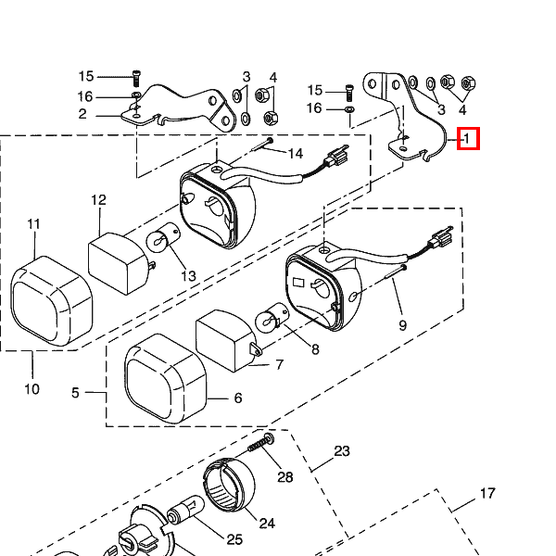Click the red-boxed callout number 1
click(x=469, y=140)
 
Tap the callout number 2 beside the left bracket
click(x=82, y=114)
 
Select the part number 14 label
click(x=295, y=153)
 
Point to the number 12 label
click(x=98, y=200)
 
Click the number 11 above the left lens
click(x=34, y=224)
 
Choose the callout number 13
click(x=188, y=276)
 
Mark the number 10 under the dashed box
click(x=32, y=389)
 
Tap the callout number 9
click(x=402, y=325)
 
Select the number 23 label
click(x=342, y=451)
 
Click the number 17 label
click(x=487, y=493)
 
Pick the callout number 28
click(x=284, y=477)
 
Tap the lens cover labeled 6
click(x=166, y=387)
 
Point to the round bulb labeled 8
click(x=270, y=323)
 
